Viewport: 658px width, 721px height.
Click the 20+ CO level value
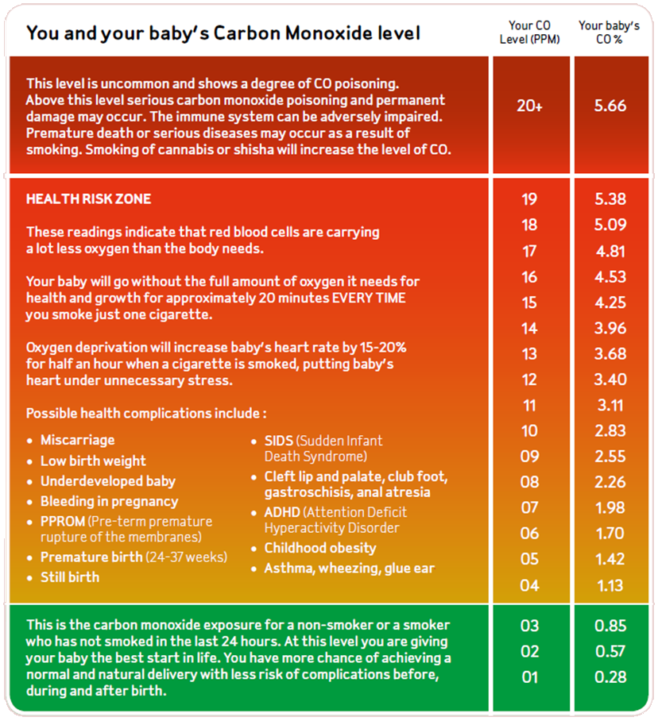pos(529,106)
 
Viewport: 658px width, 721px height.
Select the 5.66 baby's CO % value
pos(610,106)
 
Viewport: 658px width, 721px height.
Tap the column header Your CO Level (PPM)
pos(529,33)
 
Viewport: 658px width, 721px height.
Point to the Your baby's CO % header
pos(610,33)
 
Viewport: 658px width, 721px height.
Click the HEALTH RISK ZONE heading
pos(88,199)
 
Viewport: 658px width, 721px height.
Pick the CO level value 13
pos(529,354)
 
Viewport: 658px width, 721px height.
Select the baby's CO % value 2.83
pos(610,431)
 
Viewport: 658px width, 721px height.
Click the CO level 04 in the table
pos(529,586)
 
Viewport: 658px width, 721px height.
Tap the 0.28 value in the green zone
pos(610,677)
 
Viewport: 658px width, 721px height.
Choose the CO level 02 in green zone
pos(529,652)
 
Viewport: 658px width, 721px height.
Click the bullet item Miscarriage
pos(77,440)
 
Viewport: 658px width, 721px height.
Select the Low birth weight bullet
pos(93,461)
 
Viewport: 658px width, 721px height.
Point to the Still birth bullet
pos(70,577)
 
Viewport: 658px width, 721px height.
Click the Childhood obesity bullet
pos(320,548)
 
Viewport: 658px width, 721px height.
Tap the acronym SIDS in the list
pos(279,441)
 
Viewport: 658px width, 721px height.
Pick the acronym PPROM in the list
pos(62,522)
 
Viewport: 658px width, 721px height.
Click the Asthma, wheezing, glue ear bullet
pos(350,569)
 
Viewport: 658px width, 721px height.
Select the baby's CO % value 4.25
pos(610,303)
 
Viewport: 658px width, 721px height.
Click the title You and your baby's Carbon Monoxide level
pos(223,33)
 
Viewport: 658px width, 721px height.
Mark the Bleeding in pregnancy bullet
pos(109,502)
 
